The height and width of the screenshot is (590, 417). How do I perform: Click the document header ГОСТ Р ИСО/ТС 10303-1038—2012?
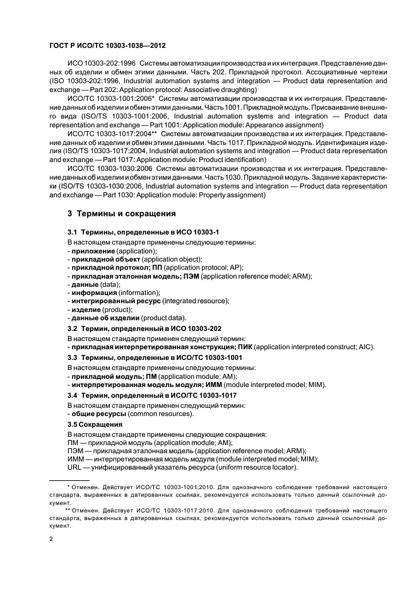pos(107,46)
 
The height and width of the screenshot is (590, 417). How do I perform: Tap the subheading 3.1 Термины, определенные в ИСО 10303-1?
pos(143,233)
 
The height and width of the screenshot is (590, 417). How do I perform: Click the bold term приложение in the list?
pos(93,251)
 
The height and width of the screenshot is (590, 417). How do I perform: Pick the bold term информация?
pos(94,292)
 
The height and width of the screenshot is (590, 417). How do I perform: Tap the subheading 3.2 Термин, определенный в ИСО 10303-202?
pos(147,329)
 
